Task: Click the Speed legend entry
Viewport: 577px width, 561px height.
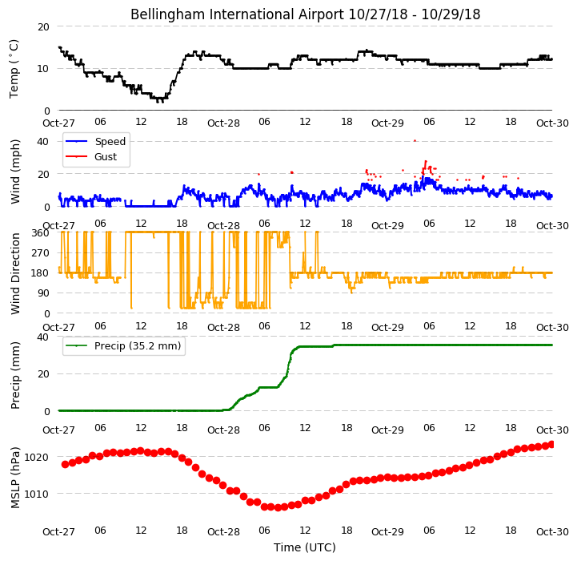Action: point(96,142)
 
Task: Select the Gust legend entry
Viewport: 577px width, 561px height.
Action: point(91,156)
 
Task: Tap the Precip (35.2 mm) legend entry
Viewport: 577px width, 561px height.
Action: point(123,345)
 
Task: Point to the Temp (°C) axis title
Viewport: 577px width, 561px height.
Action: point(14,69)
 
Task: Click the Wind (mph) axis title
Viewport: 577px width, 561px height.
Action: point(14,172)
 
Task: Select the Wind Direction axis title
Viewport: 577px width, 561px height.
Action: point(15,273)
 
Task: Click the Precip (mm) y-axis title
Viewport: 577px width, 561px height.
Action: point(15,375)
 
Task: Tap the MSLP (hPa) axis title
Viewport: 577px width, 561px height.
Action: point(15,478)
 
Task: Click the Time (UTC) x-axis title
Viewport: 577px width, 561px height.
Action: point(305,547)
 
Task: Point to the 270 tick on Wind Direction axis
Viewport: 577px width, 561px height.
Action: point(41,253)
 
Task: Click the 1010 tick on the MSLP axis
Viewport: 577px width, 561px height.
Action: point(36,494)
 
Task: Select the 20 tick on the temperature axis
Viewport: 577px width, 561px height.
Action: point(43,27)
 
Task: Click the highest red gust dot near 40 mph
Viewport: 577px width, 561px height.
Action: point(415,140)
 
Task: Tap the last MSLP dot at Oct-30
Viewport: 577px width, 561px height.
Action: point(551,445)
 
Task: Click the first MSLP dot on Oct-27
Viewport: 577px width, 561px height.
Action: point(65,465)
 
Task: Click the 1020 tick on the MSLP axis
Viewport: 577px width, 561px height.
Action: point(36,458)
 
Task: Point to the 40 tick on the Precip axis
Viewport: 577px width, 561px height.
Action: point(43,337)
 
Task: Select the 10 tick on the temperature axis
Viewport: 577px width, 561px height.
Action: point(43,69)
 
